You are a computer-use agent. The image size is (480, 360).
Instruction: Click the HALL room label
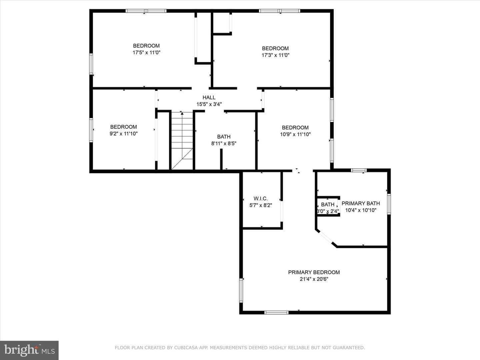click(x=209, y=97)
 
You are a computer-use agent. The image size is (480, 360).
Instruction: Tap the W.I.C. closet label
click(x=261, y=198)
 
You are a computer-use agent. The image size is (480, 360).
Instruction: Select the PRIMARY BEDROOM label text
click(x=314, y=272)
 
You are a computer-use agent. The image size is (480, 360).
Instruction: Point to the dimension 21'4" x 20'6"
click(x=314, y=279)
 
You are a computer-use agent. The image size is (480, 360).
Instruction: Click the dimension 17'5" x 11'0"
click(x=146, y=52)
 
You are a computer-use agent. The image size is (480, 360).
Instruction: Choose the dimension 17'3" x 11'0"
click(x=275, y=55)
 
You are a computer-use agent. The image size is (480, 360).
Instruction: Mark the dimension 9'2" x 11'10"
click(x=124, y=134)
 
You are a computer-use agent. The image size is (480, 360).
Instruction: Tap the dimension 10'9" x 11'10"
click(x=295, y=134)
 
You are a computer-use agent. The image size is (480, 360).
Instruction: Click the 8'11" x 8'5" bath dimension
click(x=224, y=143)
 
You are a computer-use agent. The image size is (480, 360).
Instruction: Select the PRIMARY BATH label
click(x=361, y=203)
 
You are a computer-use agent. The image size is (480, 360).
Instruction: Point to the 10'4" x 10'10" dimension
click(x=361, y=210)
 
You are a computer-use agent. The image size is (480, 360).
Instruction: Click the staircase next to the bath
click(x=182, y=141)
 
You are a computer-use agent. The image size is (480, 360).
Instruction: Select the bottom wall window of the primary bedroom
click(x=276, y=313)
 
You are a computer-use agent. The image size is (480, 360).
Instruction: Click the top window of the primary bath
click(x=359, y=170)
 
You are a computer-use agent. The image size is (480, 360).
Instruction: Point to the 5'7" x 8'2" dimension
click(x=261, y=205)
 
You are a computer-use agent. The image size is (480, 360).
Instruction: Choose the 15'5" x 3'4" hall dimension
click(x=209, y=104)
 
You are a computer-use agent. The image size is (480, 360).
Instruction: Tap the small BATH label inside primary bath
click(x=328, y=204)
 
